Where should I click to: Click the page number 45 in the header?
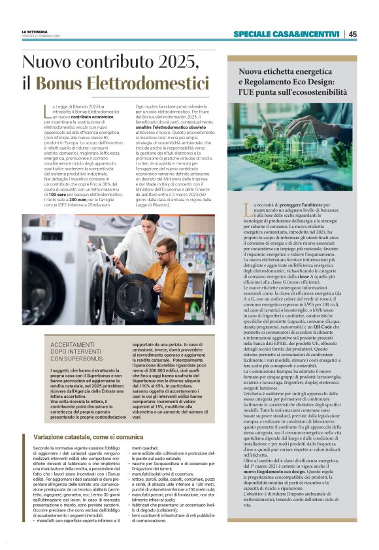click(353, 35)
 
